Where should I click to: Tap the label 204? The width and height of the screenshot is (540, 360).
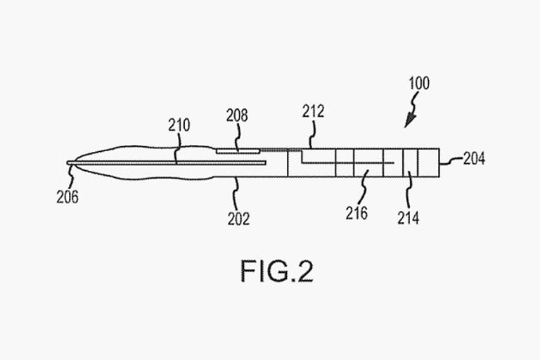(474, 160)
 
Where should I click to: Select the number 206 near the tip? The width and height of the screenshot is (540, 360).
(67, 198)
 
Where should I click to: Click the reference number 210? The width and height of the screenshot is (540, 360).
(179, 126)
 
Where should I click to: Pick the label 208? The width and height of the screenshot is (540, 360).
(237, 116)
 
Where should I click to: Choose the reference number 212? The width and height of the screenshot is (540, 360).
(313, 112)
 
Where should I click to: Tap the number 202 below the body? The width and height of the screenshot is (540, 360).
(238, 219)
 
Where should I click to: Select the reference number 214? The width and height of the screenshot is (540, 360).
(408, 218)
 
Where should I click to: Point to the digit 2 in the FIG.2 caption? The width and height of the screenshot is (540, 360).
(303, 271)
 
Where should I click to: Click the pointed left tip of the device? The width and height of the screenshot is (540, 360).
(68, 163)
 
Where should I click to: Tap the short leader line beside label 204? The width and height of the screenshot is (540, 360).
(451, 161)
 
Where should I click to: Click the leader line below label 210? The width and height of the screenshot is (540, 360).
(176, 149)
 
